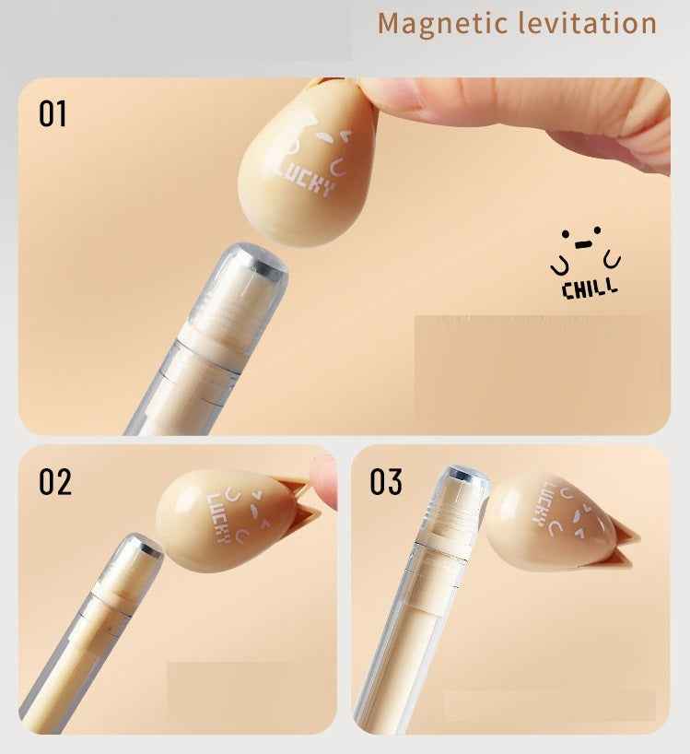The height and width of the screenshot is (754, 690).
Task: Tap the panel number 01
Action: click(x=53, y=114)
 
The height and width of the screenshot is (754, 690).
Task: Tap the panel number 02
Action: click(x=54, y=481)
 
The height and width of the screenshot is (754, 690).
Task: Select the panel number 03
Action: click(x=386, y=481)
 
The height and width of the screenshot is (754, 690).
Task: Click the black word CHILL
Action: click(x=590, y=289)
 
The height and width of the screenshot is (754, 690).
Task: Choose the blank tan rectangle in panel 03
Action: click(x=549, y=705)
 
